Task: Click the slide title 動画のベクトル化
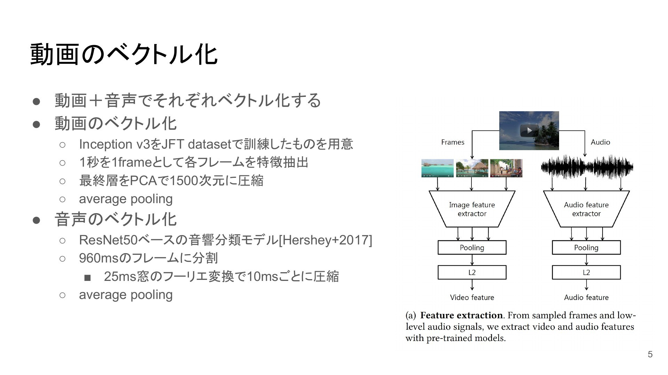tap(124, 55)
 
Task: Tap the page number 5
tap(650, 354)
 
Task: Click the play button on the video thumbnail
tap(529, 131)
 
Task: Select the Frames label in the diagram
tap(453, 142)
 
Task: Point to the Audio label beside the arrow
tap(600, 142)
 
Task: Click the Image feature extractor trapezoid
tap(472, 209)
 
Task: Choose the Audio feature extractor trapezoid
tap(586, 209)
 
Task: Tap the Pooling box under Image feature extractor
tap(472, 248)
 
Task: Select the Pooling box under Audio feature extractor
tap(586, 248)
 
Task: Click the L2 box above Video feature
tap(472, 273)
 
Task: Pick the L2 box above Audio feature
tap(586, 273)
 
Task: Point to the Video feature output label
tap(472, 298)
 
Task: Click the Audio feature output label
tap(586, 298)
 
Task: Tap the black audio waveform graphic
tap(587, 167)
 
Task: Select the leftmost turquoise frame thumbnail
tap(437, 168)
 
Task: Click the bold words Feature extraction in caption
tap(461, 315)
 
